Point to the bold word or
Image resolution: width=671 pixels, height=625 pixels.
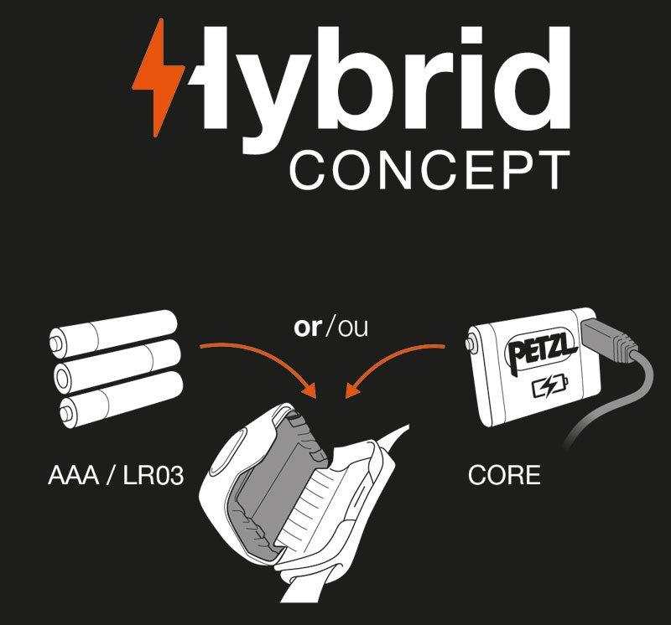pyautogui.click(x=308, y=328)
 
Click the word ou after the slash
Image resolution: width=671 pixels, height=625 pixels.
pyautogui.click(x=351, y=328)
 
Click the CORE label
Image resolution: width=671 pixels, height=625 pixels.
pyautogui.click(x=504, y=477)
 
